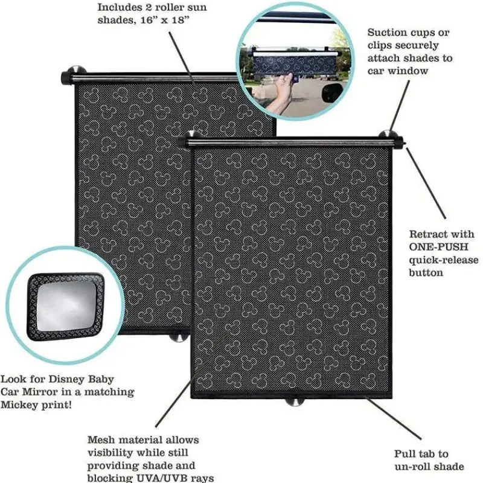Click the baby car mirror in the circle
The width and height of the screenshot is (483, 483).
click(x=66, y=306)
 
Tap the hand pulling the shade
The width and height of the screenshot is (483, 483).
click(x=282, y=92)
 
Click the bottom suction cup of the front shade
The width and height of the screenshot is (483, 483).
click(x=294, y=401)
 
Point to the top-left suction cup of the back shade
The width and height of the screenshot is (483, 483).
click(x=76, y=69)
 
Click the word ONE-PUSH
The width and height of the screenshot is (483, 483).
click(x=439, y=247)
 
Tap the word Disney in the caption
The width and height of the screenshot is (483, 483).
click(x=66, y=379)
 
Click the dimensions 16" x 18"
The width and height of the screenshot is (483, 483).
click(x=165, y=21)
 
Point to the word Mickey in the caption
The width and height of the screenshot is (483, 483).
click(x=19, y=405)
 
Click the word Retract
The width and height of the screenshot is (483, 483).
click(x=427, y=234)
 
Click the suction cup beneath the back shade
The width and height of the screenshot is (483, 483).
click(x=178, y=338)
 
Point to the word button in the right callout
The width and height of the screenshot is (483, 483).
click(x=426, y=273)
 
